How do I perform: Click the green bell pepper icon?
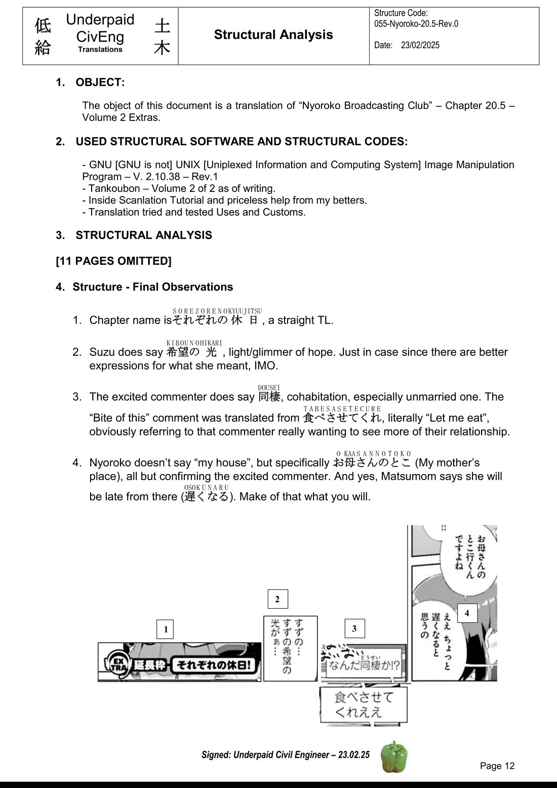pyautogui.click(x=394, y=757)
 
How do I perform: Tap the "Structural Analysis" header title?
pyautogui.click(x=273, y=34)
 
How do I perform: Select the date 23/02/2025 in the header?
pyautogui.click(x=420, y=45)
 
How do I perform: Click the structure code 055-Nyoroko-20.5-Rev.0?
pyautogui.click(x=416, y=24)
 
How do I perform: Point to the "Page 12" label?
pyautogui.click(x=497, y=766)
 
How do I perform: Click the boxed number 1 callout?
pyautogui.click(x=166, y=629)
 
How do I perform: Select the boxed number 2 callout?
pyautogui.click(x=277, y=599)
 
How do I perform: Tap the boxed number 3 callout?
pyautogui.click(x=354, y=628)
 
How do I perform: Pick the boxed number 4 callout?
pyautogui.click(x=467, y=613)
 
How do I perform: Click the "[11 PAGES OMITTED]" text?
pyautogui.click(x=113, y=261)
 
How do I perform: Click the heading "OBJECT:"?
pyautogui.click(x=100, y=82)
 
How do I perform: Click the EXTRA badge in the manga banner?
pyautogui.click(x=116, y=664)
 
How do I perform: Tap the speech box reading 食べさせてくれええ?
pyautogui.click(x=364, y=704)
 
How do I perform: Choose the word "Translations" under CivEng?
pyautogui.click(x=100, y=50)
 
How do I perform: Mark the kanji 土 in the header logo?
pyautogui.click(x=162, y=26)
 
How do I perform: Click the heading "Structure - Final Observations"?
pyautogui.click(x=152, y=287)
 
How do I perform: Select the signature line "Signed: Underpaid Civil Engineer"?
pyautogui.click(x=285, y=755)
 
